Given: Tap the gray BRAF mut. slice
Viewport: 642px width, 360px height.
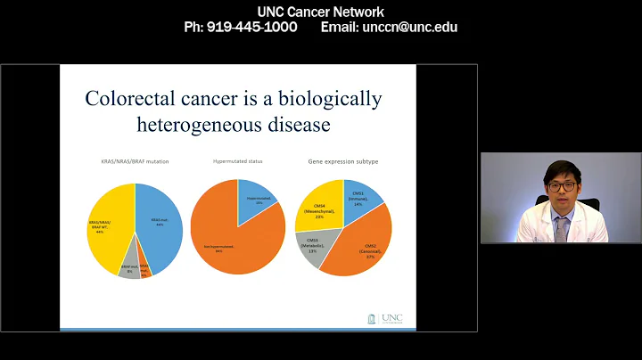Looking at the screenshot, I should [129, 269].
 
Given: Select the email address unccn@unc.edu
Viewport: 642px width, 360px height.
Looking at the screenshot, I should [409, 27].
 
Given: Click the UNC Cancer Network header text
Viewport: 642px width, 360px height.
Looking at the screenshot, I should [321, 12].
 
